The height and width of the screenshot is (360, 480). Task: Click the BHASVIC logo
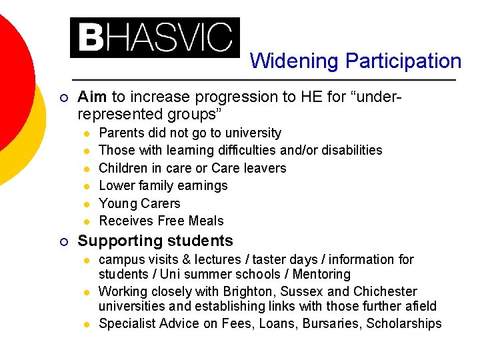click(155, 37)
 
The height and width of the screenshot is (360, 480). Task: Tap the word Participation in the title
click(403, 61)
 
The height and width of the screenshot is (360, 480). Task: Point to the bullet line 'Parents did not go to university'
click(190, 133)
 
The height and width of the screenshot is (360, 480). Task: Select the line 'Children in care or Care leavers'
click(192, 168)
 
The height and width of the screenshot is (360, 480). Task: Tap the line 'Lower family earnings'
click(163, 185)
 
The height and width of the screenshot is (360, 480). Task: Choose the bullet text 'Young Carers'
click(139, 203)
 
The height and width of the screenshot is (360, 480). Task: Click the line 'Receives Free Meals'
click(161, 221)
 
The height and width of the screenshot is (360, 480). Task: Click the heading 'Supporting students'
click(155, 241)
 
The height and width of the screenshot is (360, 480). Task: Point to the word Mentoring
click(318, 274)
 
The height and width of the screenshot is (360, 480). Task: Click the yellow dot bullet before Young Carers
click(86, 204)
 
